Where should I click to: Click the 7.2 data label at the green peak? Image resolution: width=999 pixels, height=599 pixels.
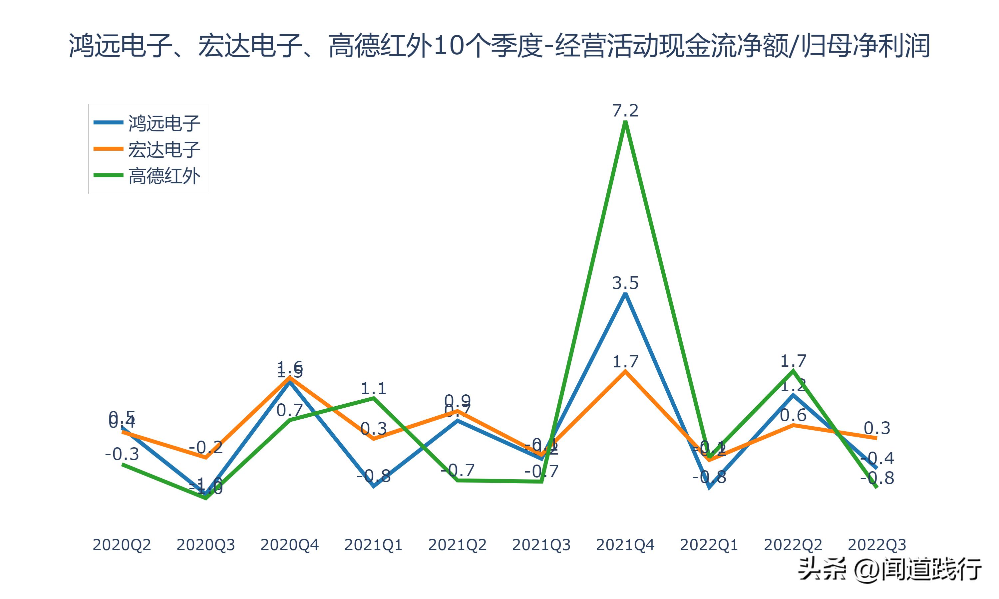[x=625, y=110]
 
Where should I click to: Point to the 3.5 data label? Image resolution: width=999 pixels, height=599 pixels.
[x=625, y=283]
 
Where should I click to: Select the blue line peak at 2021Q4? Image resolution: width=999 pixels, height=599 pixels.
[x=625, y=294]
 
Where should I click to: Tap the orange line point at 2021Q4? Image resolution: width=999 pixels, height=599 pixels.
[x=625, y=371]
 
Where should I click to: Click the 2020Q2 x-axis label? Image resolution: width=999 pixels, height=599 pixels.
[x=122, y=545]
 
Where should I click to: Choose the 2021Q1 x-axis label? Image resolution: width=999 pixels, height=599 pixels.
[x=374, y=545]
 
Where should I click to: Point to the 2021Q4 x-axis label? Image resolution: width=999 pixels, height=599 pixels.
[x=625, y=545]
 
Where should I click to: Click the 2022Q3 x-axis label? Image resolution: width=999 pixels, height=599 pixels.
[x=877, y=545]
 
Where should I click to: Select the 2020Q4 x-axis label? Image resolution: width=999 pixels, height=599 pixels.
[x=289, y=545]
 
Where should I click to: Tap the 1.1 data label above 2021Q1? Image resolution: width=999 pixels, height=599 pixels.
[x=374, y=388]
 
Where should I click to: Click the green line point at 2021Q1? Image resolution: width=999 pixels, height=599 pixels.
[x=374, y=398]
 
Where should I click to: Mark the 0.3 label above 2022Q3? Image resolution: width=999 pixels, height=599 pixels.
[x=877, y=428]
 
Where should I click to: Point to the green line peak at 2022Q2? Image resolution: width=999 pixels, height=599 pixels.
[x=793, y=370]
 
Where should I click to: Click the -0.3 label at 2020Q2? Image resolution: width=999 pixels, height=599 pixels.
[x=122, y=455]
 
